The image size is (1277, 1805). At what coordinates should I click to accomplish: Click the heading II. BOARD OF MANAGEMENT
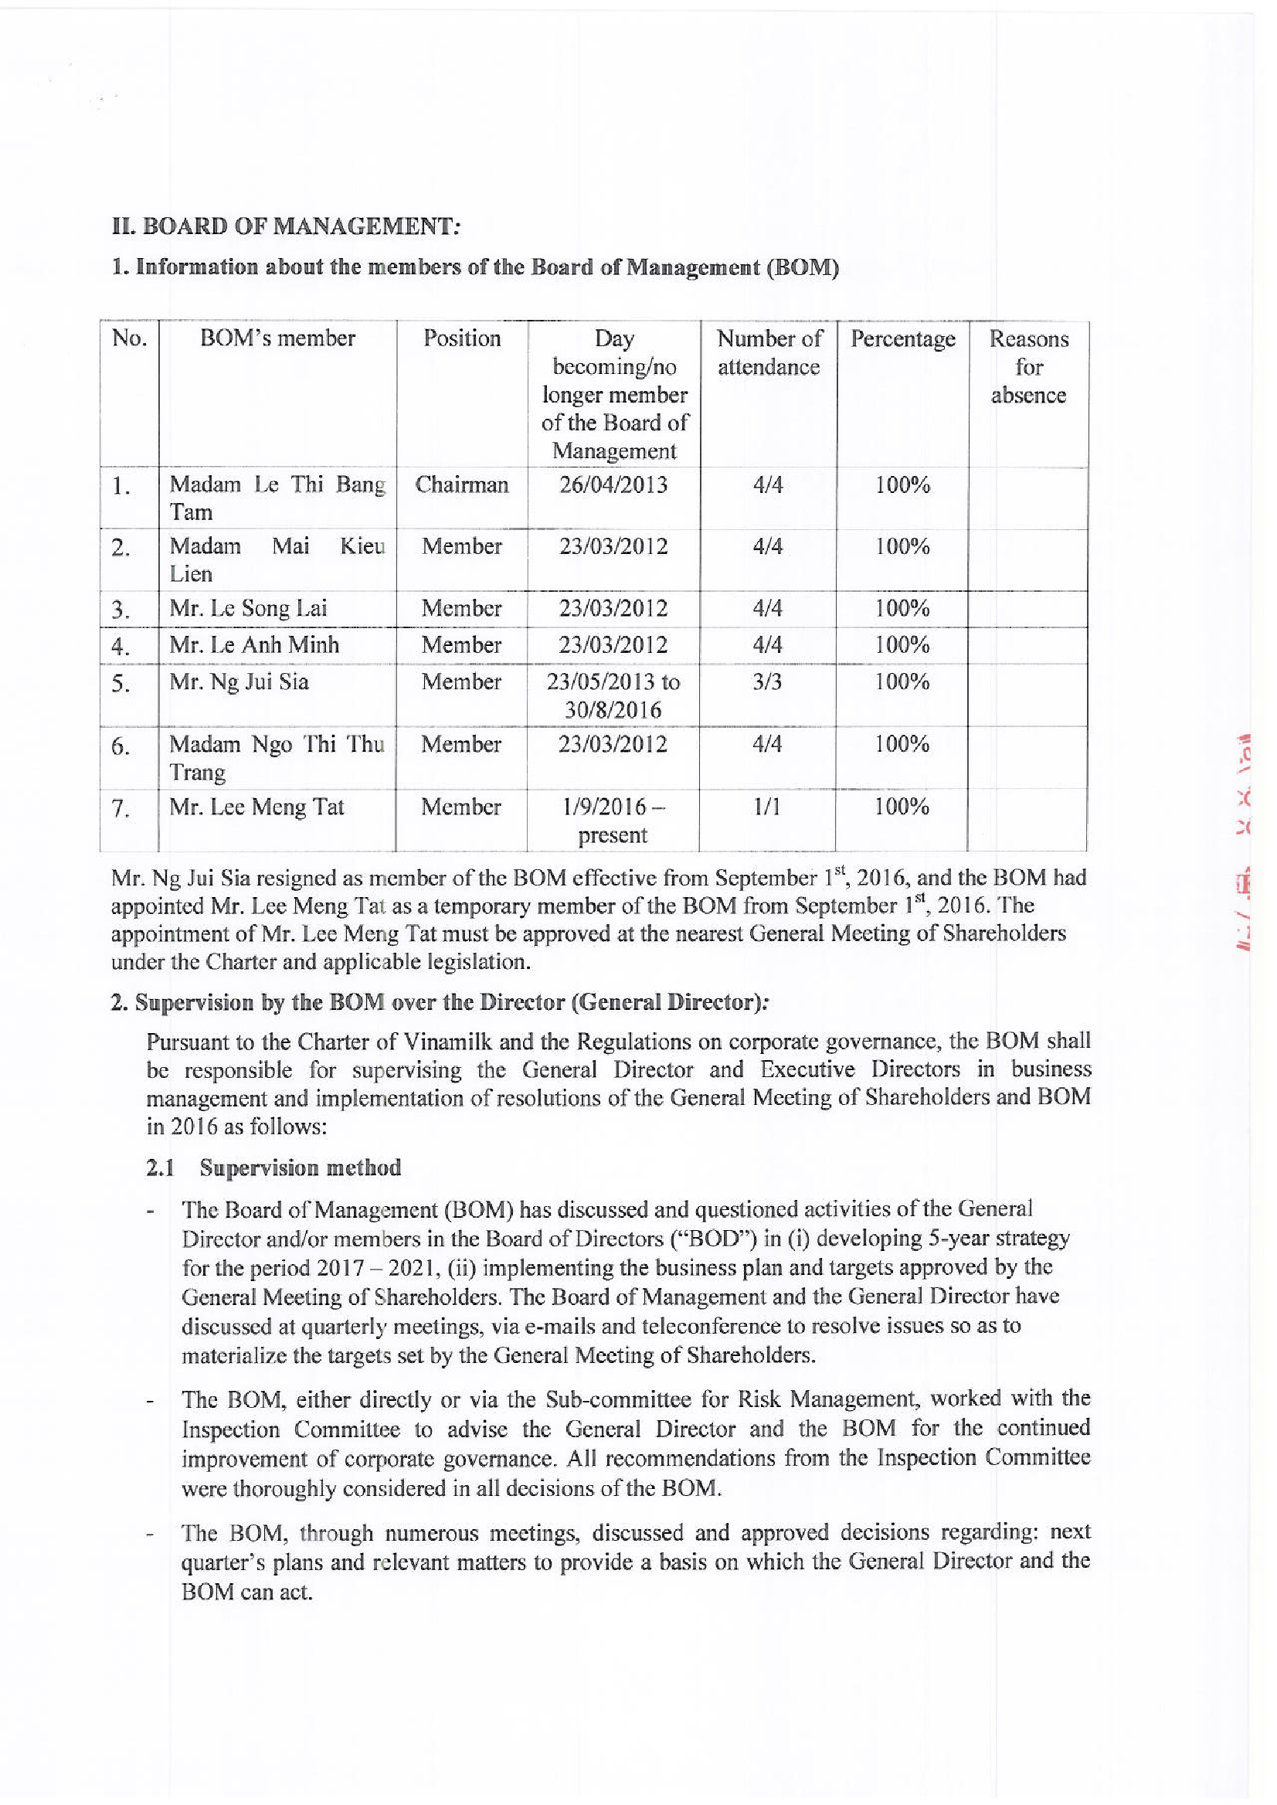click(x=285, y=226)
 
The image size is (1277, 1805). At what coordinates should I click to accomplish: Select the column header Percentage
click(x=902, y=339)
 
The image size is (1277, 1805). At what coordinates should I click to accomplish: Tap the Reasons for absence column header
click(x=1027, y=366)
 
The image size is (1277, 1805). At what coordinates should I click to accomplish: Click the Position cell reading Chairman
click(x=461, y=484)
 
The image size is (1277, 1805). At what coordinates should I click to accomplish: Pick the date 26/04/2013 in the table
click(x=613, y=484)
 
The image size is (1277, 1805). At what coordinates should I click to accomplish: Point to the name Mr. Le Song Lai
click(x=248, y=608)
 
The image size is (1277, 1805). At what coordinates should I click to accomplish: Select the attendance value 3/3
click(x=767, y=681)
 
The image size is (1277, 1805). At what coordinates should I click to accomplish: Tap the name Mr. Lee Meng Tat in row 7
click(x=256, y=807)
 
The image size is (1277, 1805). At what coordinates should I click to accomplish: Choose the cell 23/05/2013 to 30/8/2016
click(x=613, y=695)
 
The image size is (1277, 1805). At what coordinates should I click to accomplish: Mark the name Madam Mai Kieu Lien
click(x=277, y=559)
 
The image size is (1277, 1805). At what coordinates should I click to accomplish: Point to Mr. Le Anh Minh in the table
click(x=254, y=645)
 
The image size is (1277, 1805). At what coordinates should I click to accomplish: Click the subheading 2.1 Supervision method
click(x=273, y=1168)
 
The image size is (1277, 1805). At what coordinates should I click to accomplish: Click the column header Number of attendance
click(x=768, y=352)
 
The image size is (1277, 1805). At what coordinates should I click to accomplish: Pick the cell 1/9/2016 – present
click(x=613, y=821)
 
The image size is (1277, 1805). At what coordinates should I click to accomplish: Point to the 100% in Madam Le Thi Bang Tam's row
click(x=902, y=484)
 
